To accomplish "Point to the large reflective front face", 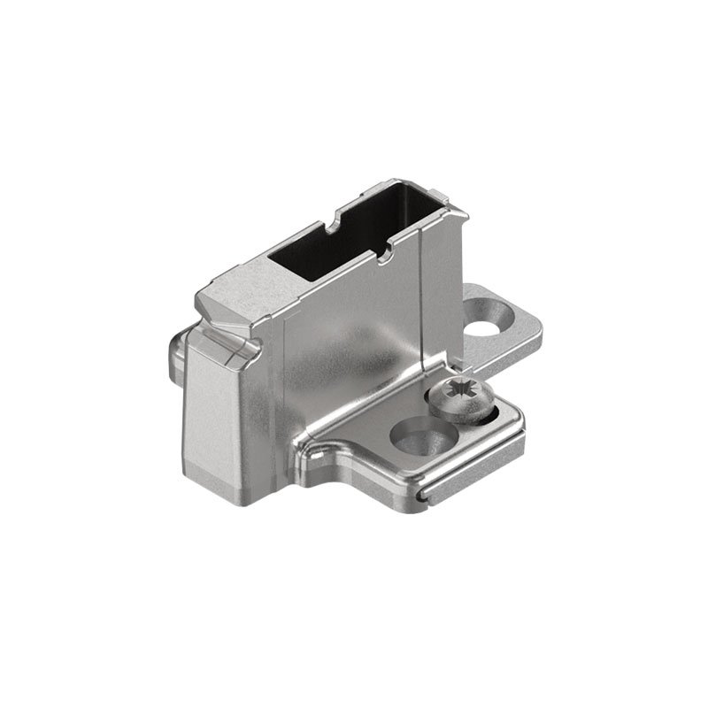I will click(354, 354).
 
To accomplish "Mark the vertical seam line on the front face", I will click(284, 389).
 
